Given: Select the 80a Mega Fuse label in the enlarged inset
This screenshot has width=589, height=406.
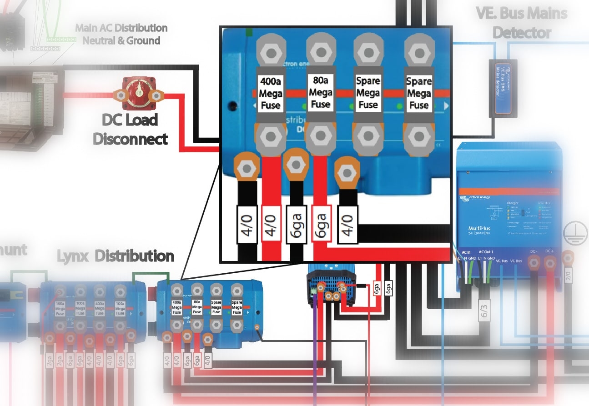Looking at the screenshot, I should point(320,92).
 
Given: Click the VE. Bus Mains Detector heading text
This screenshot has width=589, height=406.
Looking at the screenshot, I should point(522,23).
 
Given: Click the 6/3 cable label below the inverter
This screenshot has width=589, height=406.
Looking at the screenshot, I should point(484,311).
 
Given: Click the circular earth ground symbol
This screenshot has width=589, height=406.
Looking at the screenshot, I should point(572,232).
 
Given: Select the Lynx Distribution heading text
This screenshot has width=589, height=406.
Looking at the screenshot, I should point(116,256).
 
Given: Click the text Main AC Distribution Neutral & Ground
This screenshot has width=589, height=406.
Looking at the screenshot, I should point(121,34).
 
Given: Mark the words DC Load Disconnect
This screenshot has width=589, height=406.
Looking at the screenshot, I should point(130,130).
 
